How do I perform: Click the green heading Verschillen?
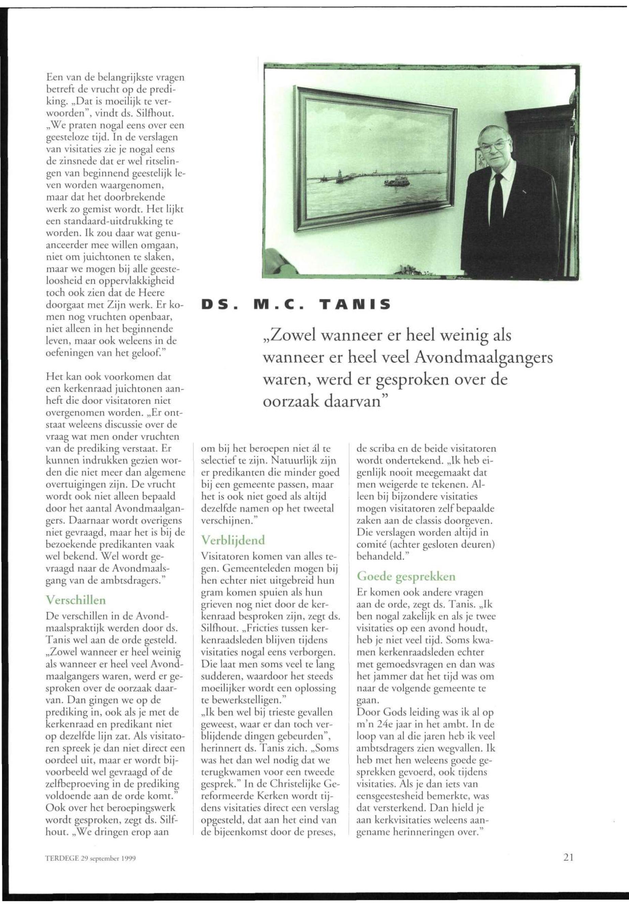76,599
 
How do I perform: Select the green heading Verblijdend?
233,540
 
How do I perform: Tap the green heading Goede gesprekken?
406,576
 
